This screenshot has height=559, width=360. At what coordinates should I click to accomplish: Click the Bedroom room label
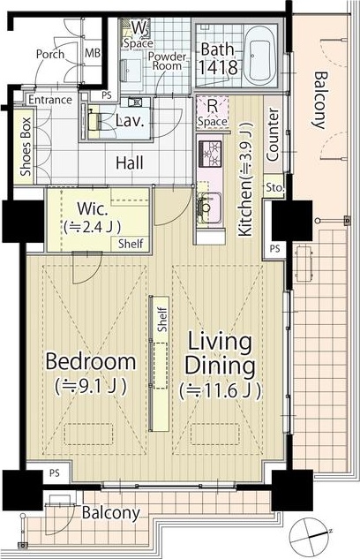pos(91,362)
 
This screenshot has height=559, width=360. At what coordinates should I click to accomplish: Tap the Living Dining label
pos(220,354)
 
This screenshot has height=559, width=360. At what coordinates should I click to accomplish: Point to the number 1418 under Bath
pos(218,67)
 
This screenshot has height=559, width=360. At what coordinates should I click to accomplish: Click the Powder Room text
pos(167,61)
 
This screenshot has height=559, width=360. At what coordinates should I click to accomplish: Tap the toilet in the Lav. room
pos(94,121)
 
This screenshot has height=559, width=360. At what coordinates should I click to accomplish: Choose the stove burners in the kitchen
pos(210,154)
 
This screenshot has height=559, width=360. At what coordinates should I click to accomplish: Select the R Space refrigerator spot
pos(213,113)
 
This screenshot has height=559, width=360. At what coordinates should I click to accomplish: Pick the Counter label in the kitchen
pos(273,134)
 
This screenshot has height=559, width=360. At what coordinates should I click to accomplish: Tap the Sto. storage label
pos(274,187)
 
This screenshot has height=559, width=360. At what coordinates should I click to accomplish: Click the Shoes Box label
pos(26,147)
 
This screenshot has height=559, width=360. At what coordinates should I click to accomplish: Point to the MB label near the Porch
pos(93,53)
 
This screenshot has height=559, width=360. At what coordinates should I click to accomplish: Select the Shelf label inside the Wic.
pos(131,244)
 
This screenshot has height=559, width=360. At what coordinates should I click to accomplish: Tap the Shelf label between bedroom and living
pos(162,320)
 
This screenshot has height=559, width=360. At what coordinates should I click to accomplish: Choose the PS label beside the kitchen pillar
pos(274,248)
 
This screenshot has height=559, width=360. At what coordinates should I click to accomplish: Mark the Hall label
pos(130,162)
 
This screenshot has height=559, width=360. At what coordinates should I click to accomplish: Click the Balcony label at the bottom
pos(111,513)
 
